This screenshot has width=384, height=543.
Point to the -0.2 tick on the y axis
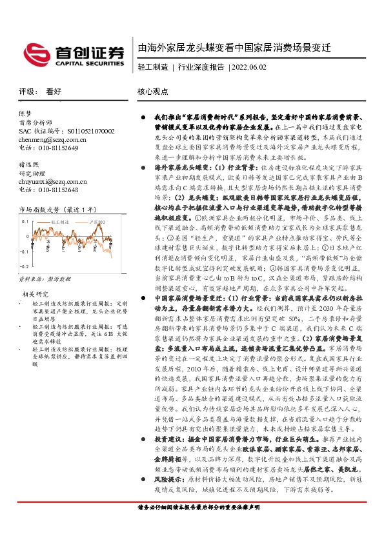25,266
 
